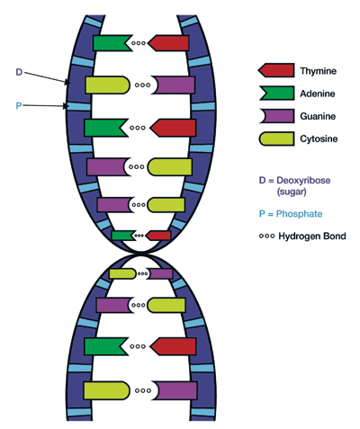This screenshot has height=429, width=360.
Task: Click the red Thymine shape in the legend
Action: coord(275,69)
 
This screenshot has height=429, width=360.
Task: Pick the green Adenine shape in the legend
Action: coord(275,92)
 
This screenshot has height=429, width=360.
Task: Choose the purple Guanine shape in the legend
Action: coord(275,115)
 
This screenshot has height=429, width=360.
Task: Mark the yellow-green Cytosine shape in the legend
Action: coord(275,139)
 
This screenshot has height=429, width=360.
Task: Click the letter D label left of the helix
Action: coord(20,71)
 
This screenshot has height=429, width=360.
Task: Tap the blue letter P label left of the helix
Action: coord(20,105)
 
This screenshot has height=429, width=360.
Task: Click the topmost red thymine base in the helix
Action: coord(170,42)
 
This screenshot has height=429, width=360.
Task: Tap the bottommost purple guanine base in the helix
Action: coord(175,391)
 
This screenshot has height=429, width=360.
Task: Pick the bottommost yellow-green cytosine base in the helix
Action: coord(106,391)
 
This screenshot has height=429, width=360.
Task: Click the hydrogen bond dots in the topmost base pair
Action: coord(139,42)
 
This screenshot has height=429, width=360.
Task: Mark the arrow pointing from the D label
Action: coord(49,77)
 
